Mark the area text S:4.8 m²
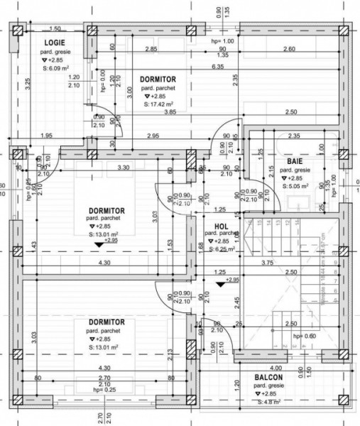[268, 402]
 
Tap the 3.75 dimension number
[268, 262]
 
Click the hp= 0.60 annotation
[286, 337]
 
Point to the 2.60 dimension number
[289, 48]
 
